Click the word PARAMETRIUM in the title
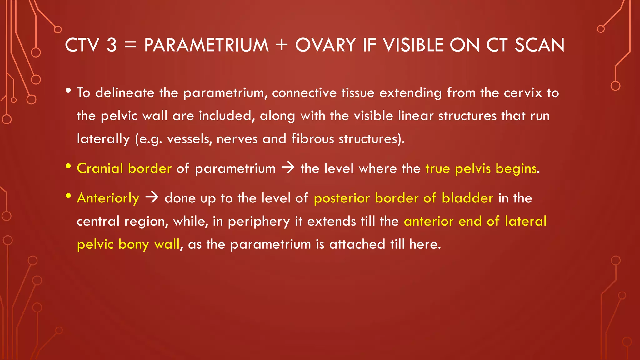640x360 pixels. [206, 45]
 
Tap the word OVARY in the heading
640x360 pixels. [325, 45]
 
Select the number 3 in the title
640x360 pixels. [112, 45]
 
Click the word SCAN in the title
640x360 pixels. [539, 45]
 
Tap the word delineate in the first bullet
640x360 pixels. [125, 93]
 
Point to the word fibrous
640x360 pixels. [312, 139]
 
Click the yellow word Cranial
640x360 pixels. [100, 168]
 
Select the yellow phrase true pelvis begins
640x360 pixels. [481, 169]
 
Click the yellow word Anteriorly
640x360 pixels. [108, 198]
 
